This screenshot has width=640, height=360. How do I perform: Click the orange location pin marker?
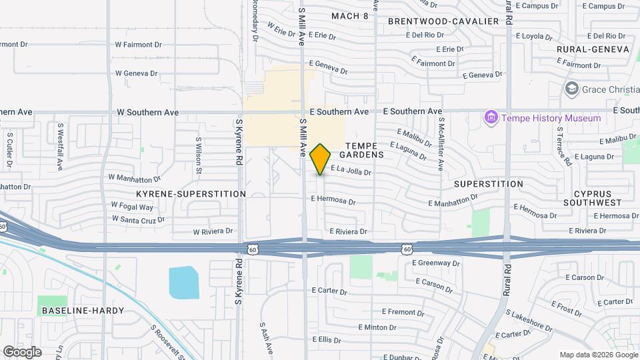tap(321, 159)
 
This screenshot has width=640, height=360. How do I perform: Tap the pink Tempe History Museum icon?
tap(492, 118)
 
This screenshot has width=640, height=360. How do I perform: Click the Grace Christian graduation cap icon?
tap(571, 89)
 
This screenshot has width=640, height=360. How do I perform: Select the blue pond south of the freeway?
tap(184, 282)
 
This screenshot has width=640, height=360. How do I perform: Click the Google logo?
tap(22, 351)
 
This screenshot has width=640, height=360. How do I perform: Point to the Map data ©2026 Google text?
tap(598, 354)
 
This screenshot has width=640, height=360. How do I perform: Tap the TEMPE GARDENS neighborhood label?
tap(365, 150)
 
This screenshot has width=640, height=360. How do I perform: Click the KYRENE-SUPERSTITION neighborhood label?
tap(191, 194)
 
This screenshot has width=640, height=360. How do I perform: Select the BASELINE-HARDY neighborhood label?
tap(73, 311)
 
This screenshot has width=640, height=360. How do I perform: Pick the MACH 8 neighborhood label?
tap(350, 16)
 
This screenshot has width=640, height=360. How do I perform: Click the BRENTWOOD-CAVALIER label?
tap(443, 21)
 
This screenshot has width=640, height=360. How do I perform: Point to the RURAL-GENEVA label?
tap(593, 49)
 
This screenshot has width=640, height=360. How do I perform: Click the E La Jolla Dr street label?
tap(350, 172)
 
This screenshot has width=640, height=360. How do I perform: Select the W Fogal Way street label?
tap(132, 205)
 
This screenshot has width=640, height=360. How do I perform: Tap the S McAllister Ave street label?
tap(441, 143)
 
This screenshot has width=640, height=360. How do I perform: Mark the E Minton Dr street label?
tap(378, 327)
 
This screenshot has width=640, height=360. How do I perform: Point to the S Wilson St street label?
tap(198, 153)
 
